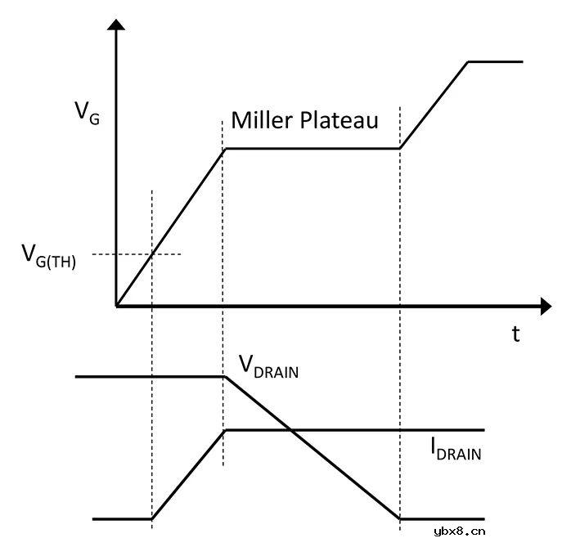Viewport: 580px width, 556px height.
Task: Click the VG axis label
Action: click(88, 114)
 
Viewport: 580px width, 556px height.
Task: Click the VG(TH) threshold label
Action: click(49, 257)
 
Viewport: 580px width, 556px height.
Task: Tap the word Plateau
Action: click(339, 120)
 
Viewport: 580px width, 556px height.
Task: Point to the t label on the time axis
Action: click(515, 334)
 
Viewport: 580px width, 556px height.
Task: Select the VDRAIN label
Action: click(268, 366)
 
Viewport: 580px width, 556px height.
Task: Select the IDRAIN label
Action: click(456, 449)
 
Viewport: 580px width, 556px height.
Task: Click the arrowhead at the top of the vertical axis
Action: click(116, 25)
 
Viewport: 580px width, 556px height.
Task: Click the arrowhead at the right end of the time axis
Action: click(546, 306)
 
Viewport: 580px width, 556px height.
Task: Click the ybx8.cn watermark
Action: click(460, 531)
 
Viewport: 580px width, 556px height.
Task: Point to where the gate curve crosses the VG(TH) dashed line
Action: click(152, 254)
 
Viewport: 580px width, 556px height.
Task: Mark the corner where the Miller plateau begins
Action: click(226, 149)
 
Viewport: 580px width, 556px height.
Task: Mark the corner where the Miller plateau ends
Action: click(400, 149)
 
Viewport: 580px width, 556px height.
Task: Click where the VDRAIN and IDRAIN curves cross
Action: click(290, 430)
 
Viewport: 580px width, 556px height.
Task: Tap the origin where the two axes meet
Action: click(116, 306)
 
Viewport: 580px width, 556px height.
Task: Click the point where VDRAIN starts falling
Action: click(225, 377)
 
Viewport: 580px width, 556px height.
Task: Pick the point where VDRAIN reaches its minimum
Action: click(400, 519)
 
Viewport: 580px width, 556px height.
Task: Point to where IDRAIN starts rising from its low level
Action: click(152, 519)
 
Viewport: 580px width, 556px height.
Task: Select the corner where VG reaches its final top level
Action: click(468, 62)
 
